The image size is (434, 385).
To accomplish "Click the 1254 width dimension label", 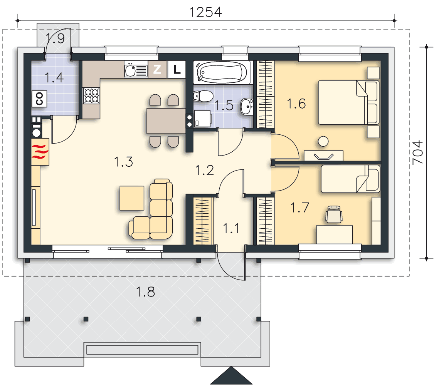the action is [206, 12].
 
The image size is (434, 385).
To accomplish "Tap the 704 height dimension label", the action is [418, 152].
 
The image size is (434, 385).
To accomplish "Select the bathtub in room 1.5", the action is [222, 72].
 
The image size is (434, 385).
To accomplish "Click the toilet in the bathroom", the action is [204, 96].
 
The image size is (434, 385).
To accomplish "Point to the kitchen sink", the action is [136, 70].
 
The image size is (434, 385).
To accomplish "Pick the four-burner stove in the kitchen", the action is [91, 95].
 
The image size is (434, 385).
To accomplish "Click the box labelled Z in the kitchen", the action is [157, 69].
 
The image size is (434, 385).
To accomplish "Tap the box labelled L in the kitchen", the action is [177, 69].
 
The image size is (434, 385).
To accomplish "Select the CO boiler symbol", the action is [39, 99].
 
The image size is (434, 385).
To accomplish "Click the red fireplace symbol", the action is [40, 152].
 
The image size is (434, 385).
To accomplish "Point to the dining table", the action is [166, 121].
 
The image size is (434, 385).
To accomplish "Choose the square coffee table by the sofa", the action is [132, 198].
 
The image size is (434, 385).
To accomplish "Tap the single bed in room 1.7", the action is [350, 179].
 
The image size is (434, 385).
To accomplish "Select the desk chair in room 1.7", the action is [334, 214].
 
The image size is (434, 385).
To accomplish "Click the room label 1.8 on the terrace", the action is [145, 292].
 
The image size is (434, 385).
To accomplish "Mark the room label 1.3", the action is [123, 162].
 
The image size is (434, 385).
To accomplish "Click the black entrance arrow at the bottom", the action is [231, 375].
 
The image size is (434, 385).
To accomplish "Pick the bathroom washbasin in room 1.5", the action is [247, 106].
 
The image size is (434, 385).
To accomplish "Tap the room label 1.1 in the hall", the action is [231, 228].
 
